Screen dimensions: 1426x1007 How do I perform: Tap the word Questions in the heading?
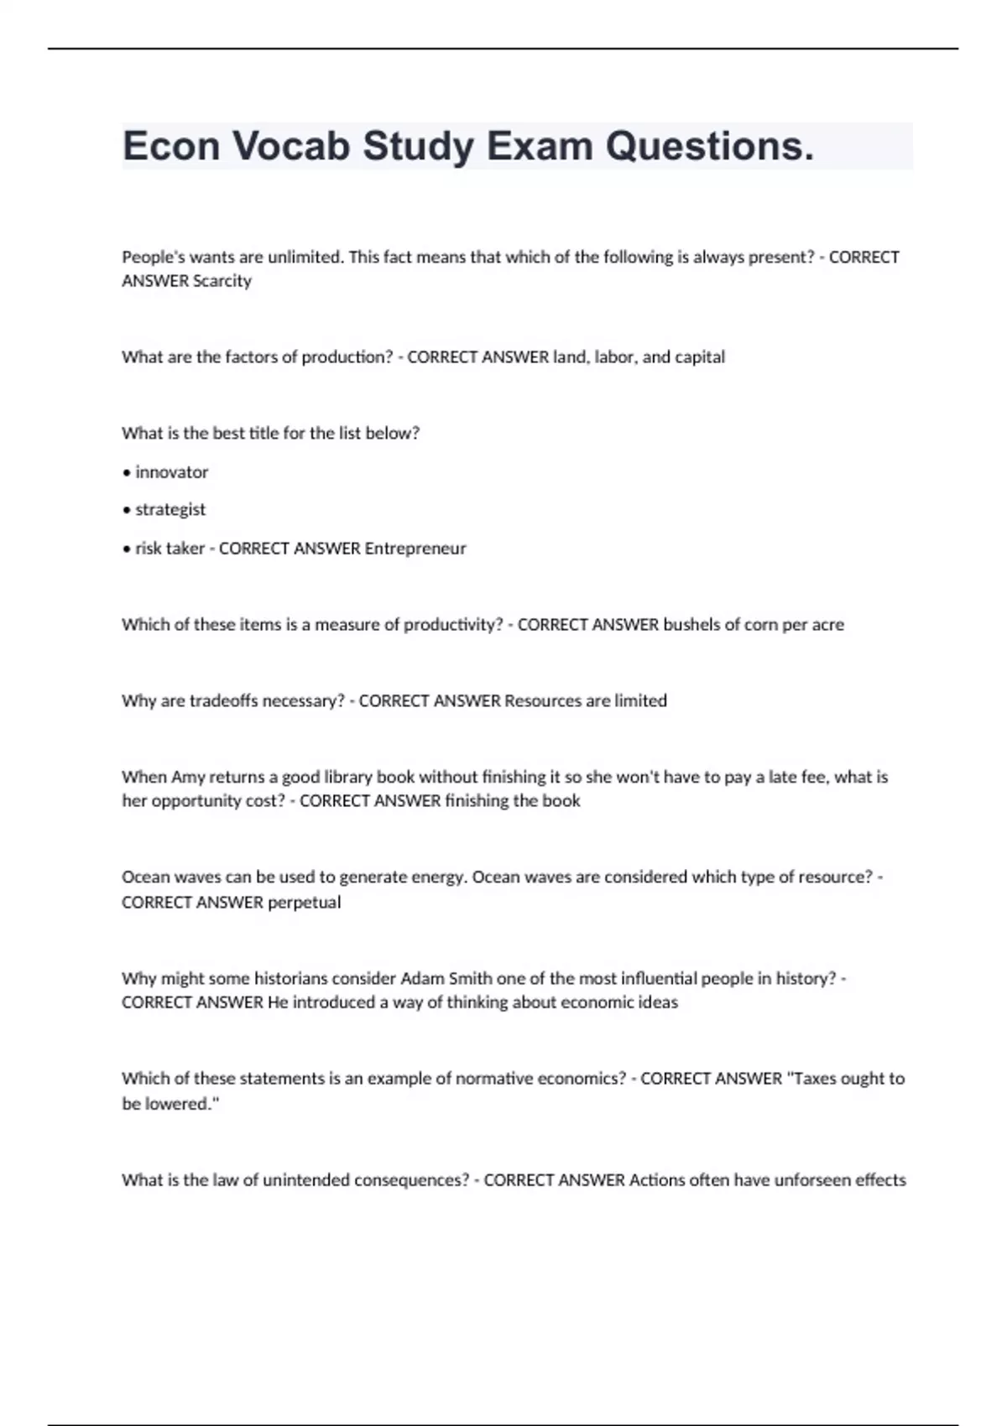[709, 146]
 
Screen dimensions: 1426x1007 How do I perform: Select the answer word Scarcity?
[222, 281]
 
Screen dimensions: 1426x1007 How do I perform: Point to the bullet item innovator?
[171, 472]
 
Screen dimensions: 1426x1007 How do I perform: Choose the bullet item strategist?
[170, 509]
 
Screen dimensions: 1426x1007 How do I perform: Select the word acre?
[827, 624]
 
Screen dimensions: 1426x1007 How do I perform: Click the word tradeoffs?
[223, 700]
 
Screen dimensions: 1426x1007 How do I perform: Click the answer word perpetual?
[304, 903]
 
